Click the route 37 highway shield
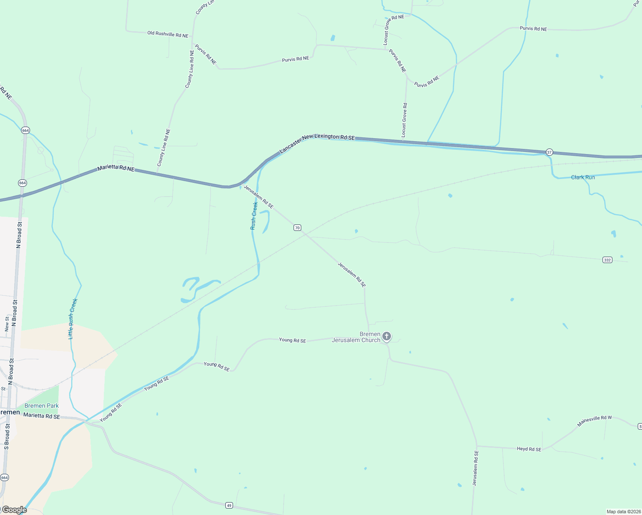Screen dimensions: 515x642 549,152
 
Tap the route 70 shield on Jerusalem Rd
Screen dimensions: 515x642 297,227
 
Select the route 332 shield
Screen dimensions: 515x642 607,260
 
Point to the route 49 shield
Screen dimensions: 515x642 229,506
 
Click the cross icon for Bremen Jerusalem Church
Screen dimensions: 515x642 387,336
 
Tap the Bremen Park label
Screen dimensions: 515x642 42,406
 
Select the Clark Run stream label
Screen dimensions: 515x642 583,177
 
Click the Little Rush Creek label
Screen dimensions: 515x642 73,319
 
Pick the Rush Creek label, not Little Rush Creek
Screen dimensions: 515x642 254,216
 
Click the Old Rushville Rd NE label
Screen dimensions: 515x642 168,34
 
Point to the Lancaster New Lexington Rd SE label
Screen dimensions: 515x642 317,143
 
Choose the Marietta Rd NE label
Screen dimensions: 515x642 116,169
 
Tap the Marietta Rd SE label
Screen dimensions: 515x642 42,416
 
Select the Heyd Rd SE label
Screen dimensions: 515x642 529,449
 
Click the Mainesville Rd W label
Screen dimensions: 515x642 594,421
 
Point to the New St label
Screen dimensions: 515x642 7,324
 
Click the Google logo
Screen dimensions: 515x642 14,510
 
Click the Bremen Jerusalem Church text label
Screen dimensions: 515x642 356,337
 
